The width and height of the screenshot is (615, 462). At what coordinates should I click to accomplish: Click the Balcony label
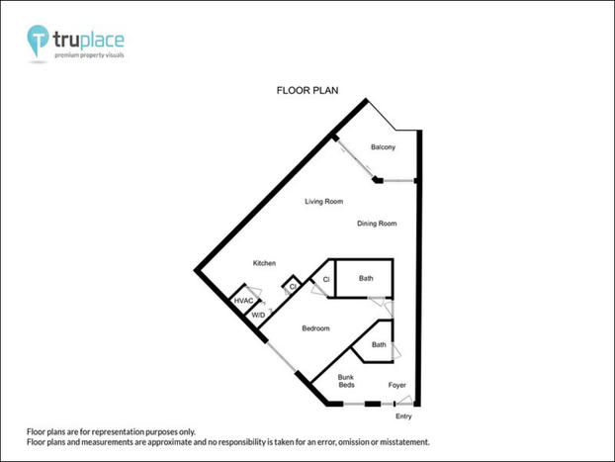[383, 147]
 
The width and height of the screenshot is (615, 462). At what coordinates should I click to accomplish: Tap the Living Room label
[324, 202]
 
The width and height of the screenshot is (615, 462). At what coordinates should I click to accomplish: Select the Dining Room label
[377, 224]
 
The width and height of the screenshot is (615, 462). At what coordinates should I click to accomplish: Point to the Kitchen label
[264, 263]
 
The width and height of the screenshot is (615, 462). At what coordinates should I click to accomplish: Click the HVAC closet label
[243, 301]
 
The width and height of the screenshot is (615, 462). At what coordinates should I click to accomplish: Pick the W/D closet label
[258, 316]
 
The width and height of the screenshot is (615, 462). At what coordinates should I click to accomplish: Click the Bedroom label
[315, 328]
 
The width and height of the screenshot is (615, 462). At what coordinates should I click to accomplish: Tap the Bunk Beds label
[346, 381]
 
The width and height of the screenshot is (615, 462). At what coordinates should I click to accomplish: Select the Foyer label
[396, 385]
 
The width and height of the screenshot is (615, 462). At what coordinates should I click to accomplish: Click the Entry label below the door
[403, 416]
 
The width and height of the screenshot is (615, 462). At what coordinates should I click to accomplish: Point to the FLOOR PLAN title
[307, 91]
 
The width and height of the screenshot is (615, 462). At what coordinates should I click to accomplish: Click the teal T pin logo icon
[38, 40]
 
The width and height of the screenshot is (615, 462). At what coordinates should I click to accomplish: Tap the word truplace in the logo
[89, 40]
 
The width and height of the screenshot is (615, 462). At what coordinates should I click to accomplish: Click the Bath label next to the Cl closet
[366, 278]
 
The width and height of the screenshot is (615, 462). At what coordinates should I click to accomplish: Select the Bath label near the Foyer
[379, 344]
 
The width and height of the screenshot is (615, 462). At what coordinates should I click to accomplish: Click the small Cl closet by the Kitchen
[292, 286]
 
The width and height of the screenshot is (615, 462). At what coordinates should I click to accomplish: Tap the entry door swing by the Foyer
[404, 400]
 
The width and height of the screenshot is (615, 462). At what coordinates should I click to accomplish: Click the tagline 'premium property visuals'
[89, 55]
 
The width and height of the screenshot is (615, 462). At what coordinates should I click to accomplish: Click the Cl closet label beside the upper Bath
[326, 280]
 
